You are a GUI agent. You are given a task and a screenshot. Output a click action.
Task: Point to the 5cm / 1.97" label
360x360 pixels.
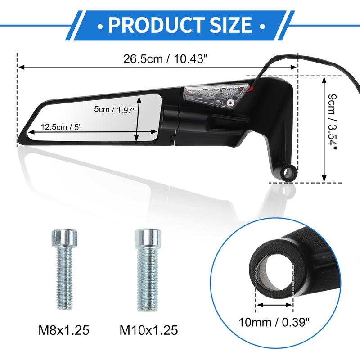[115, 110]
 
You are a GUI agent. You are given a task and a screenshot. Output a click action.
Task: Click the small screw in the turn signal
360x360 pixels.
[230, 102]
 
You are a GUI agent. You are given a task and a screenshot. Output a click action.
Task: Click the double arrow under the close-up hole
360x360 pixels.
[274, 305]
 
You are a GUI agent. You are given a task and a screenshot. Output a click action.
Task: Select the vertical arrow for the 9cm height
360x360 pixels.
[324, 129]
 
